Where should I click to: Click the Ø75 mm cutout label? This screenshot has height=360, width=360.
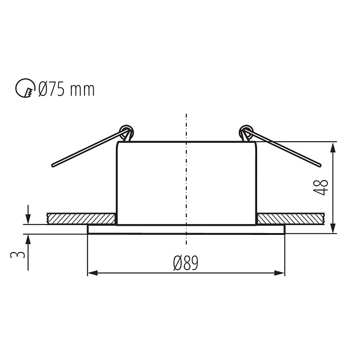66,89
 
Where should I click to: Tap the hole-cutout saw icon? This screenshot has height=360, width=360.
25,89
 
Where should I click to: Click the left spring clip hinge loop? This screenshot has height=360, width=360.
127,131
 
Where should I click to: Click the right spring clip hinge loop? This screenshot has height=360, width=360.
245,131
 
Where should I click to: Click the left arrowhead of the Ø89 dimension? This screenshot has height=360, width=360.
92,273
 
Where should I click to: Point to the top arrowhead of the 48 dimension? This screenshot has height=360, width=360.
334,146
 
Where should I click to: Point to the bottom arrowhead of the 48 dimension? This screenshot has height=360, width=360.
334,229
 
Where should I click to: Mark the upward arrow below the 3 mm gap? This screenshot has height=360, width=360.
27,239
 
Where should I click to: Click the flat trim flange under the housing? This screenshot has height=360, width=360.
186,229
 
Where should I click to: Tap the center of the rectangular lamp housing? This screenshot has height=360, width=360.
186,183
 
